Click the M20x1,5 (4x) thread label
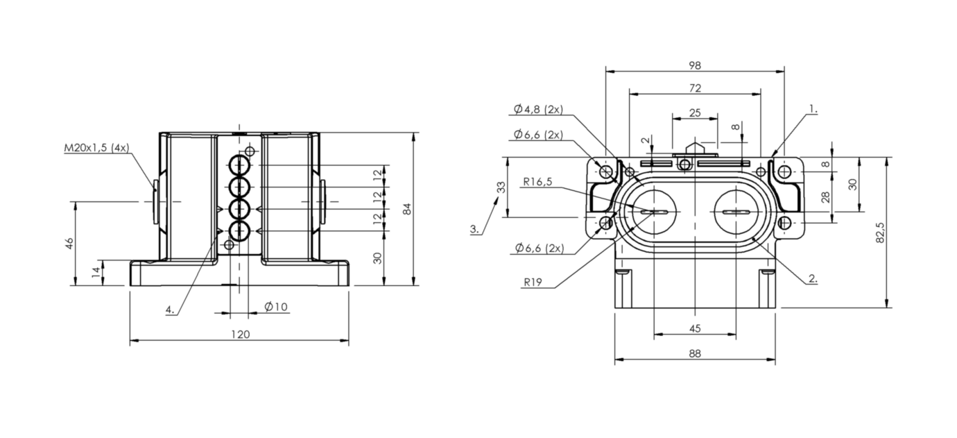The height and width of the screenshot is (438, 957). tap(96, 148)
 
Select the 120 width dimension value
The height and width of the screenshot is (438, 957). tap(241, 335)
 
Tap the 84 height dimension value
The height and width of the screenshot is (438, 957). tap(408, 209)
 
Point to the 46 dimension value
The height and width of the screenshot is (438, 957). tap(70, 244)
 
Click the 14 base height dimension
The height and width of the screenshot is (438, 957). tap(96, 272)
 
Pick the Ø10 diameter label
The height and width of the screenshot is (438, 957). tap(276, 307)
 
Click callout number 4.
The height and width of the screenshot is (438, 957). tap(171, 310)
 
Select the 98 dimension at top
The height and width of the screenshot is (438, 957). tap(695, 65)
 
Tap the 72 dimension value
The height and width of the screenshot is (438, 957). tap(695, 88)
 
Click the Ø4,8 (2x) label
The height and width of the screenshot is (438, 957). tap(538, 110)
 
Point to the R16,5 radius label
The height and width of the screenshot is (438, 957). tap(538, 182)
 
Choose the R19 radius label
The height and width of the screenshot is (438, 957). tap(533, 283)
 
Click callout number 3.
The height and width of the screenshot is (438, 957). tap(474, 229)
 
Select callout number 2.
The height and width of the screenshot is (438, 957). tap(813, 279)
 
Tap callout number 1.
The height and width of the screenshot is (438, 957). tap(813, 110)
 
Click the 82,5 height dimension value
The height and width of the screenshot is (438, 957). tap(880, 233)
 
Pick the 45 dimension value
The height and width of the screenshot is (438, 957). tap(695, 328)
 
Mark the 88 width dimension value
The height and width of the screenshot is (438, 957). tap(695, 353)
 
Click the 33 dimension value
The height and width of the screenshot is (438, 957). tap(501, 187)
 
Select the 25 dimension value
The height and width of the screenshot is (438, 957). tap(695, 113)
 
